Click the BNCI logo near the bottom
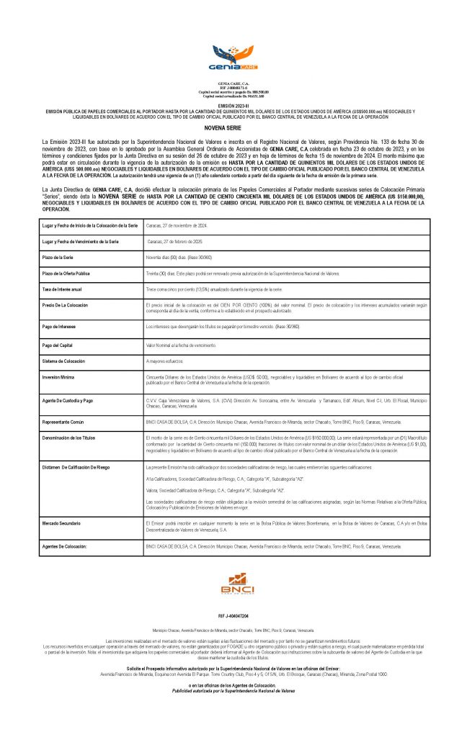pos(233,581)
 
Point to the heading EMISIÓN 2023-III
pos(233,105)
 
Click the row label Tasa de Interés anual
pos(62,289)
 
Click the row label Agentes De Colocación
pos(65,547)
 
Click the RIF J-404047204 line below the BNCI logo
pos(233,617)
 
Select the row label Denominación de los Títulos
pos(70,437)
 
